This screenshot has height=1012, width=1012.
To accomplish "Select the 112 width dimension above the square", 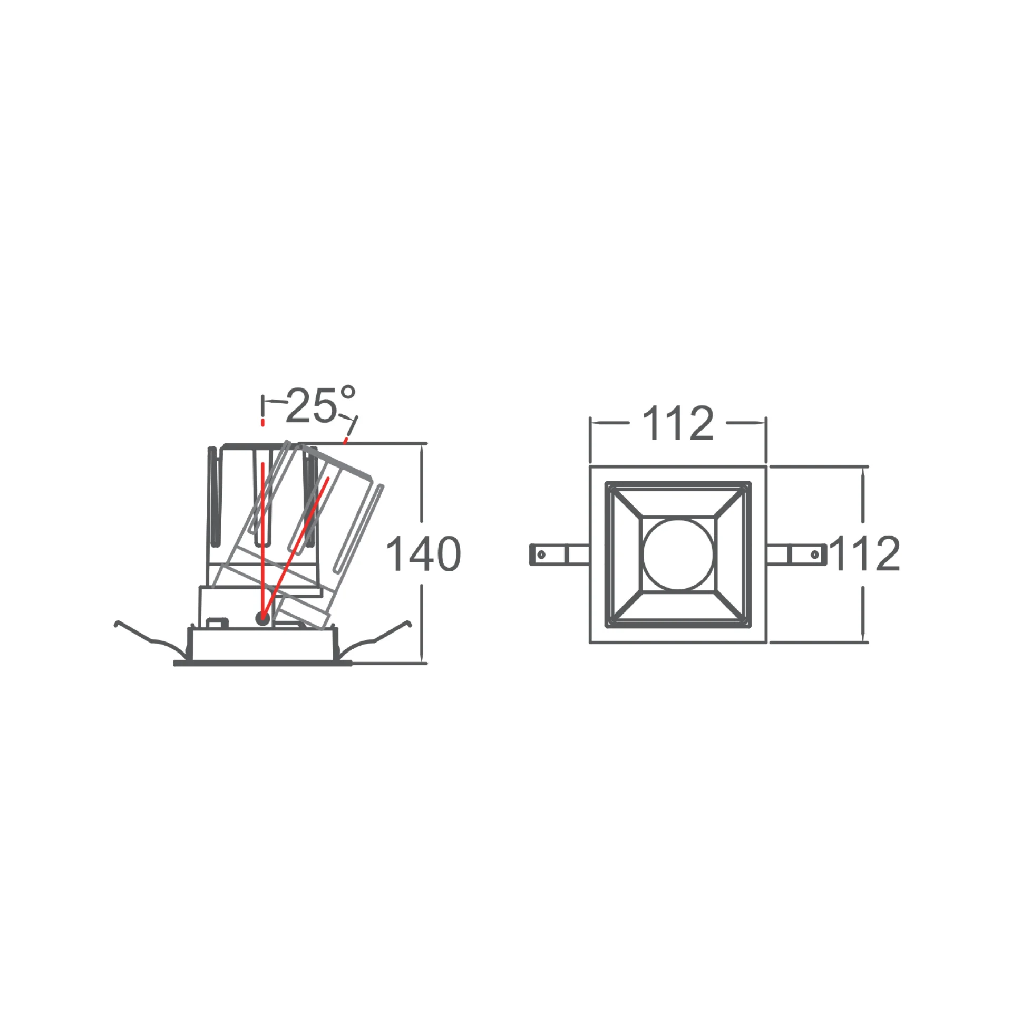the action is tap(678, 423).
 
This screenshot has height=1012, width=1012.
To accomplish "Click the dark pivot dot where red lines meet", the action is tap(262, 618).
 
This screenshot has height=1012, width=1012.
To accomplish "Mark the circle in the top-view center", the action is tap(678, 554).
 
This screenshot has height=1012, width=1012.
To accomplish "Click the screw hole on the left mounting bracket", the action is tap(541, 554).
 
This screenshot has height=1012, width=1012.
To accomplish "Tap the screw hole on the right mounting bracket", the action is tap(815, 554).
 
